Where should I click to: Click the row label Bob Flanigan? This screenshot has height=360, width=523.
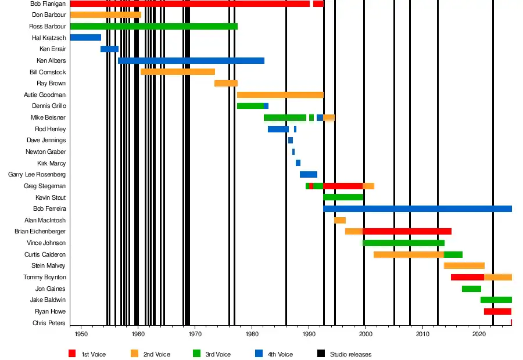48,3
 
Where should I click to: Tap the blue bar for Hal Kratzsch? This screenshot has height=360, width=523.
85,38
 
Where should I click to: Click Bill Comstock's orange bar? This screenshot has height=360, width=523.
178,72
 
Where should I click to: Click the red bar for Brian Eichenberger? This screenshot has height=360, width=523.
407,231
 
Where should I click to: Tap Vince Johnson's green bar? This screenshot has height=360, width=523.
403,243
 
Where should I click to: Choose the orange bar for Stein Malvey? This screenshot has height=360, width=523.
464,265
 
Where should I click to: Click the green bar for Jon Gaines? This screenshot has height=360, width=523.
471,289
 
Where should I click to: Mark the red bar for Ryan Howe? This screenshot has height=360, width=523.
497,311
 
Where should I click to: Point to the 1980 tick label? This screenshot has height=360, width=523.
252,334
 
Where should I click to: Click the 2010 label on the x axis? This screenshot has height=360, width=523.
422,334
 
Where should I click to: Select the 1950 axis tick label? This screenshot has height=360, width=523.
81,334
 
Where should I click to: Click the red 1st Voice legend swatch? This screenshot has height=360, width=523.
72,354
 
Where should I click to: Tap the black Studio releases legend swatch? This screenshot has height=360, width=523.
321,354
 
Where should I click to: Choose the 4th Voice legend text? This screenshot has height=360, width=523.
280,354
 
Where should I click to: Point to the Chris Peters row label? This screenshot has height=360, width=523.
49,323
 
